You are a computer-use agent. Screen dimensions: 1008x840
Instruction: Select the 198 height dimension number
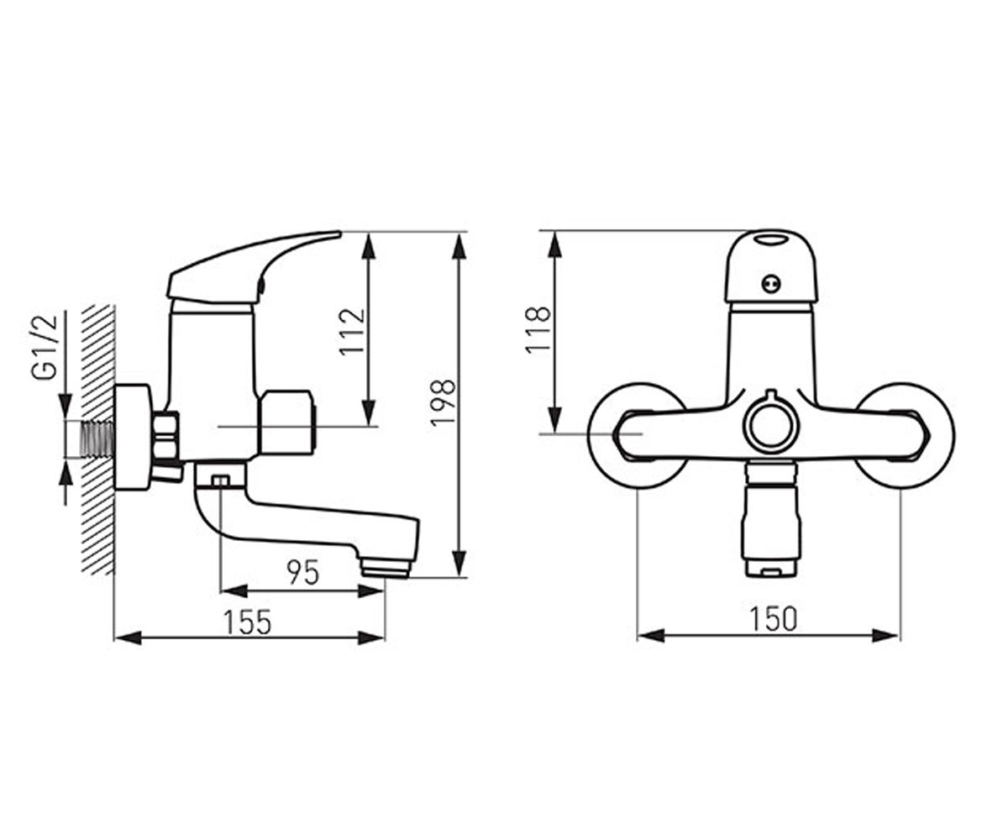(x=444, y=403)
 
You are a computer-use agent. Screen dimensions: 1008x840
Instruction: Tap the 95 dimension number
(x=303, y=572)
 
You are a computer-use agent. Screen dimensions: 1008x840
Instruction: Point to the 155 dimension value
(x=247, y=622)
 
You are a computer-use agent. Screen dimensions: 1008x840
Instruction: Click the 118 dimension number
(x=538, y=330)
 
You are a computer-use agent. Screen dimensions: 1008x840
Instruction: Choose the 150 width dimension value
(x=773, y=619)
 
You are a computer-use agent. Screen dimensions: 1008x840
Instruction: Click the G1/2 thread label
(x=45, y=348)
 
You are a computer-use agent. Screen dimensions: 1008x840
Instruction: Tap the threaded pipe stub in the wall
(x=98, y=438)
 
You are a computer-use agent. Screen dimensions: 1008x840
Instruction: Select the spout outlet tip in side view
(x=386, y=569)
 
